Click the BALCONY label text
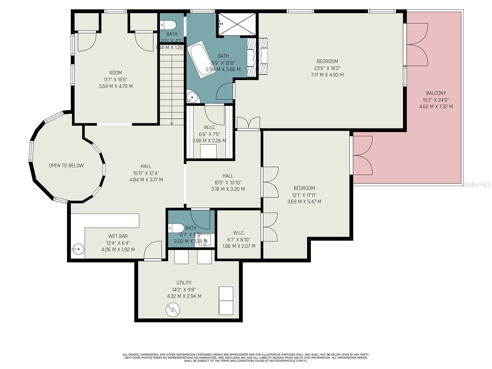click(x=436, y=93)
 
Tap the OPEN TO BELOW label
click(x=66, y=166)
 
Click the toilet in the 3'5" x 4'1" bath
click(x=168, y=25)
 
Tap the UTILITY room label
click(x=184, y=283)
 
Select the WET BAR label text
click(x=118, y=236)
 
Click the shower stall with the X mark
click(x=237, y=24)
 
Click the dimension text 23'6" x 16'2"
click(x=327, y=68)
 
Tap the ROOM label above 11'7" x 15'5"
click(x=116, y=73)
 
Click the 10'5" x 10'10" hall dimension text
click(x=228, y=182)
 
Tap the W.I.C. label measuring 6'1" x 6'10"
click(x=239, y=233)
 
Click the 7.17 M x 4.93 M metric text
click(x=327, y=75)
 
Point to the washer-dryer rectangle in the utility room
click(x=226, y=301)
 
